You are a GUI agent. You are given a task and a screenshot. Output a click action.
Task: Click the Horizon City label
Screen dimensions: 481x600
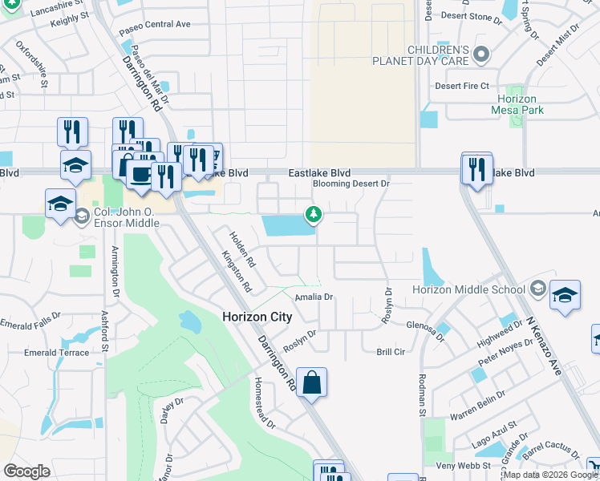click(x=257, y=317)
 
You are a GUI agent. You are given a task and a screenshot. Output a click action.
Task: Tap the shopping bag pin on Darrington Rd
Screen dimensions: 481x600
click(x=311, y=382)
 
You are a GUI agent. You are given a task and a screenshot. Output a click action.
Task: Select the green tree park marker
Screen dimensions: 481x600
click(x=313, y=214)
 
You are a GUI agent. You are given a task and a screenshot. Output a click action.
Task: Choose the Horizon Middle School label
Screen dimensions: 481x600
click(x=468, y=289)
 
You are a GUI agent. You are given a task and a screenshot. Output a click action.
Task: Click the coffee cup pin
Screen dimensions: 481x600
click(x=142, y=176)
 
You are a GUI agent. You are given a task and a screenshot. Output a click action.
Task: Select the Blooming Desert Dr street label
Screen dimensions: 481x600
click(x=350, y=184)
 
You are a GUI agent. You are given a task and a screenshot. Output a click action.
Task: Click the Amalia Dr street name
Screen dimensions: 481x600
click(x=314, y=297)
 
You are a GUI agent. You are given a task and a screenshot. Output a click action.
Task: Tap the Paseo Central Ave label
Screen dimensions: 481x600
click(x=155, y=24)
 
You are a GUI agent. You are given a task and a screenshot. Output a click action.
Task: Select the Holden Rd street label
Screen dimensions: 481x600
click(x=242, y=249)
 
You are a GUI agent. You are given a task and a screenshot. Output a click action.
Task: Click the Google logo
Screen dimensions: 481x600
click(x=26, y=471)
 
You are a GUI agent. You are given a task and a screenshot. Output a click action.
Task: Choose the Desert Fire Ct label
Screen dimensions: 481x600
click(x=462, y=86)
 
